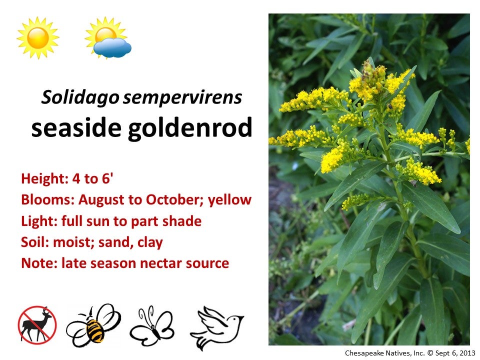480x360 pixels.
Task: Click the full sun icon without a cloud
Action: click(x=37, y=38)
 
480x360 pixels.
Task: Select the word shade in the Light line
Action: click(x=183, y=221)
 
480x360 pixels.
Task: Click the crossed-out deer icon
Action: click(x=37, y=324)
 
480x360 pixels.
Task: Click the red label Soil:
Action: click(x=33, y=242)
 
